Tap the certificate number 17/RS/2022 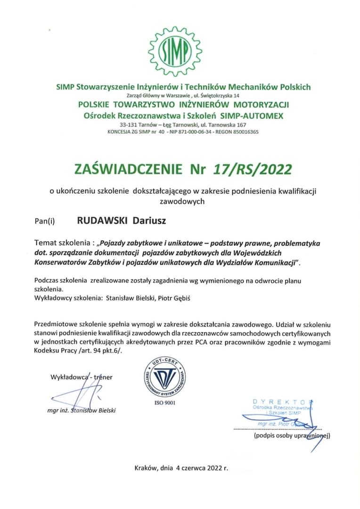coord(253,169)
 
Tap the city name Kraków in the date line coord(145,468)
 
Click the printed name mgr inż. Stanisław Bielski coord(82,410)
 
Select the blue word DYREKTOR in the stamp coord(282,401)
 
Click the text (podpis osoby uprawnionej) coord(292,436)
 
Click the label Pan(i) coord(45,220)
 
